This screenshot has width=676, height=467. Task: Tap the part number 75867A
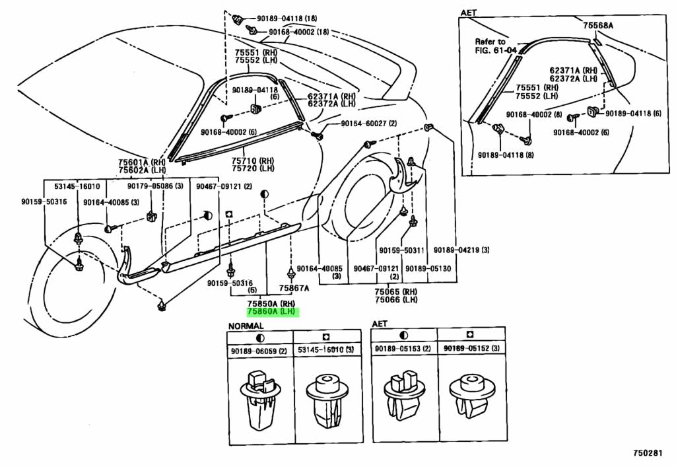293,288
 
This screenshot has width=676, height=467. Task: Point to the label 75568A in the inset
598,25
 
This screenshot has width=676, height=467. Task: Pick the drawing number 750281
649,454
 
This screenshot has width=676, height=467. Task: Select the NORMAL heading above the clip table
246,326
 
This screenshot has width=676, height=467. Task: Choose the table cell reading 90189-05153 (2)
403,349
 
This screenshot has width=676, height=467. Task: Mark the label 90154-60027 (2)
369,124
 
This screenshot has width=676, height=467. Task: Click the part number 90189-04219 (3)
461,250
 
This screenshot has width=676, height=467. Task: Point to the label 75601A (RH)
143,162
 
